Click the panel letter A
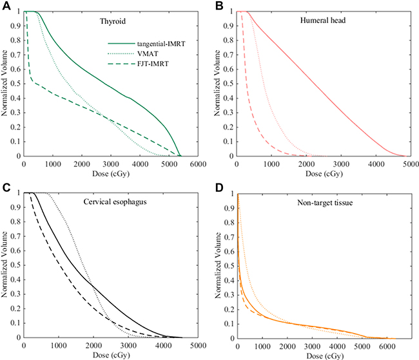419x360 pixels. (x=5, y=6)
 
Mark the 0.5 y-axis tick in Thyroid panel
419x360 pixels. (x=17, y=84)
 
